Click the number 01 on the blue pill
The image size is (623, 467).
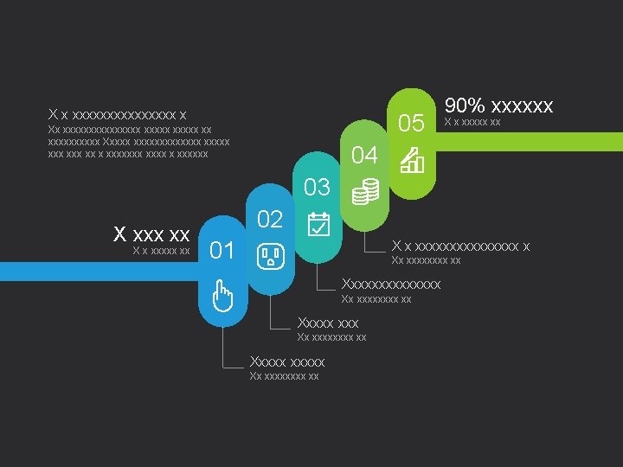pyautogui.click(x=222, y=251)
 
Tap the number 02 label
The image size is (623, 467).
pyautogui.click(x=270, y=219)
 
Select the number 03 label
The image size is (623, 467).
pyautogui.click(x=318, y=187)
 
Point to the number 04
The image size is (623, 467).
pyautogui.click(x=364, y=156)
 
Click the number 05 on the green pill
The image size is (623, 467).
pyautogui.click(x=411, y=124)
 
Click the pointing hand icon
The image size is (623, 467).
pyautogui.click(x=222, y=296)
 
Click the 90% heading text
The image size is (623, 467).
pyautogui.click(x=498, y=106)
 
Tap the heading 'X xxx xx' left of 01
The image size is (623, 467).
pyautogui.click(x=152, y=234)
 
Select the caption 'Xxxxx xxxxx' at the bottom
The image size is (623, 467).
pyautogui.click(x=286, y=361)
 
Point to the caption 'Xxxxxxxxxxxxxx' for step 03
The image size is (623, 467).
pyautogui.click(x=391, y=284)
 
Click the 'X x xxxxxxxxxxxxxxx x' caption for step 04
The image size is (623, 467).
pyautogui.click(x=460, y=246)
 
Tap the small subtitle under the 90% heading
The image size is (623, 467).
pyautogui.click(x=472, y=123)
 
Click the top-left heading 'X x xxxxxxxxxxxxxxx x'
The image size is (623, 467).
pyautogui.click(x=117, y=114)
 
